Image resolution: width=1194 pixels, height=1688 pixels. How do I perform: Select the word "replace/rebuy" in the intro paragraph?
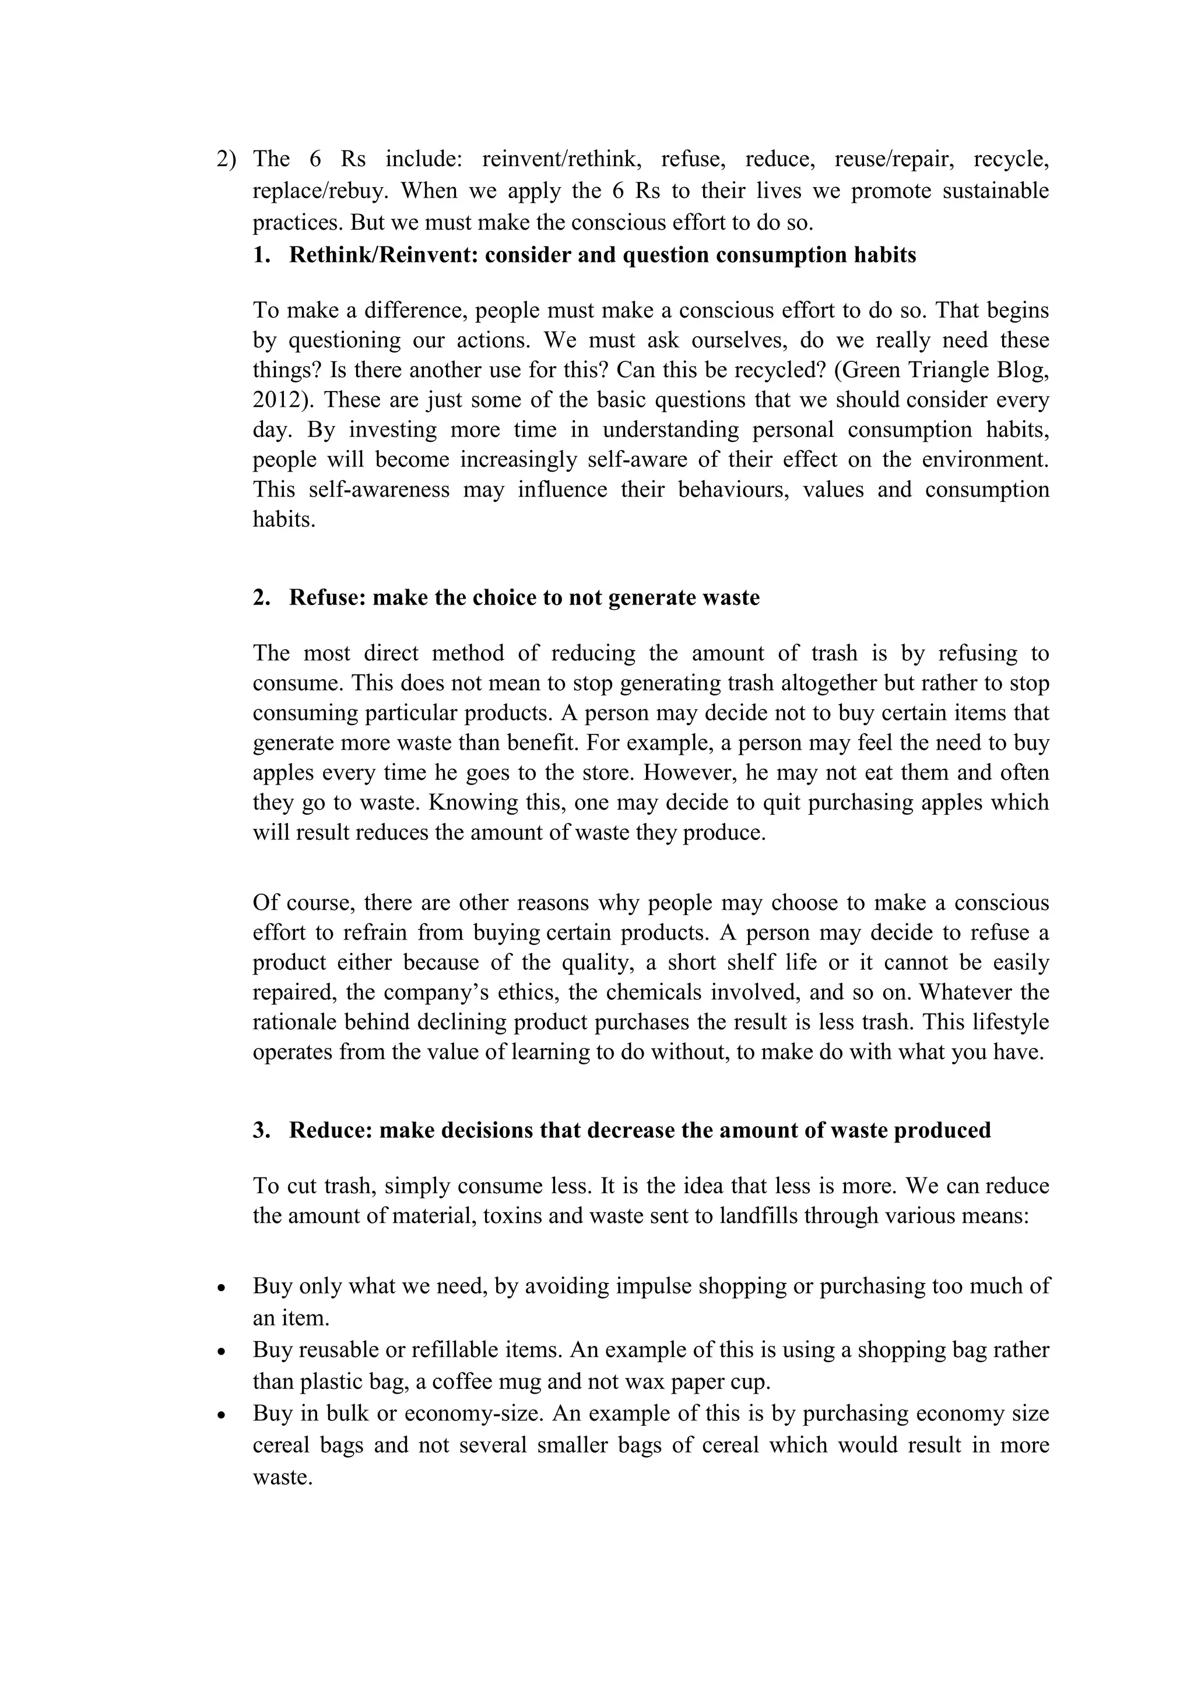320,191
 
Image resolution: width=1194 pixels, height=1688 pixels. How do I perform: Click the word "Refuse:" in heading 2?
327,597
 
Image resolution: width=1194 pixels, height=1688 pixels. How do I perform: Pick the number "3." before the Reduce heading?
262,1130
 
